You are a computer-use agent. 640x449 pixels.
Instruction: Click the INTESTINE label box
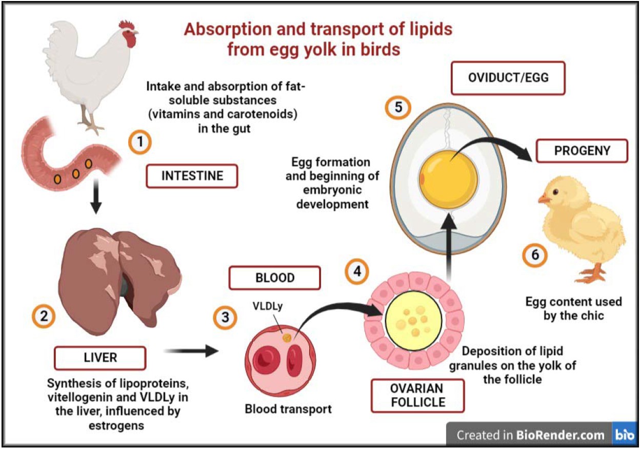(192, 176)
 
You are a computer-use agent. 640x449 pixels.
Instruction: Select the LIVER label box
(101, 357)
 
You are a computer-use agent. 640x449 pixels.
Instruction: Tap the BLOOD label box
(275, 278)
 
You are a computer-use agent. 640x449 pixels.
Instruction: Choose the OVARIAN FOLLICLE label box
(416, 395)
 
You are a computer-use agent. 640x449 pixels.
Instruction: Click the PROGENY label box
(582, 150)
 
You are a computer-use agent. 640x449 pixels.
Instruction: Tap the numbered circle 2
(43, 317)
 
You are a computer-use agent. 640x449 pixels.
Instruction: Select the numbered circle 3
(225, 317)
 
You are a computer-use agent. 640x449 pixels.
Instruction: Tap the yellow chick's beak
(542, 198)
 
